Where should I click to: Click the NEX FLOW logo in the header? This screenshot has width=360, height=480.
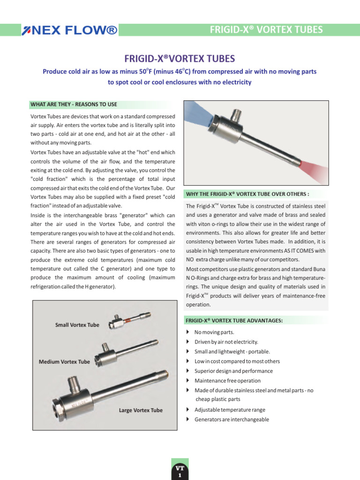pos(69,31)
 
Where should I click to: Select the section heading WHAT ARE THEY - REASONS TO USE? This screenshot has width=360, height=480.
pos(74,104)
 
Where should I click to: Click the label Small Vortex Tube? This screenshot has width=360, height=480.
pos(77,325)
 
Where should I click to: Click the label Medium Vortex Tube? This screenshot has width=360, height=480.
pos(64,362)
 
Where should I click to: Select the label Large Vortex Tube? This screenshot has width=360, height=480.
pos(141,410)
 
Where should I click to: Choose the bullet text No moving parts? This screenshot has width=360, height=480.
pos(214,332)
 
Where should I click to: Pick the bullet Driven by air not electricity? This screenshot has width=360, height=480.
pos(226,342)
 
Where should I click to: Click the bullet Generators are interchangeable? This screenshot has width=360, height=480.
pos(232,420)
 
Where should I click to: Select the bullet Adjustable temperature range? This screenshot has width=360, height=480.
pos(230,410)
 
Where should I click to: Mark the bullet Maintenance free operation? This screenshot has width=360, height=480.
pos(227,381)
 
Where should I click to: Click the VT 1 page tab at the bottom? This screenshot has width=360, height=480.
pos(180,471)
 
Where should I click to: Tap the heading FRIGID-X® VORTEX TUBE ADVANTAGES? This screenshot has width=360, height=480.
pos(234,321)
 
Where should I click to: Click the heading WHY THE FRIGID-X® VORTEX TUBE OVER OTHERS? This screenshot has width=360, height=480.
pos(247,194)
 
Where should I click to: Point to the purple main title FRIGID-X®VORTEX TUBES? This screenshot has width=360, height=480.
pos(180,59)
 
